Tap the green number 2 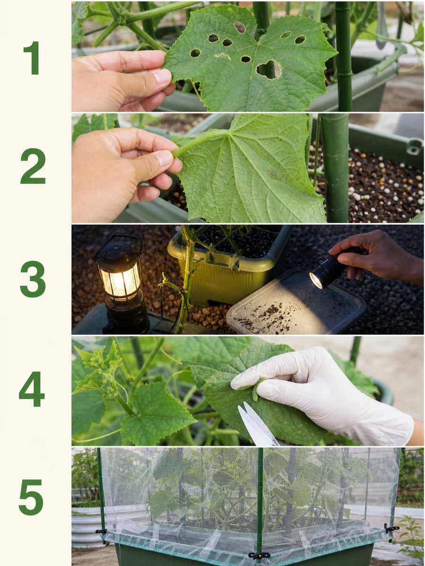pyautogui.click(x=33, y=166)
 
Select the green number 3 pyautogui.click(x=33, y=279)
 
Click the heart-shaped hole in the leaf pyautogui.click(x=269, y=70)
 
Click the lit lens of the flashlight pyautogui.click(x=316, y=280)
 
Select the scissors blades pyautogui.click(x=257, y=424)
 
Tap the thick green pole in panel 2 pyautogui.click(x=335, y=168)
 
